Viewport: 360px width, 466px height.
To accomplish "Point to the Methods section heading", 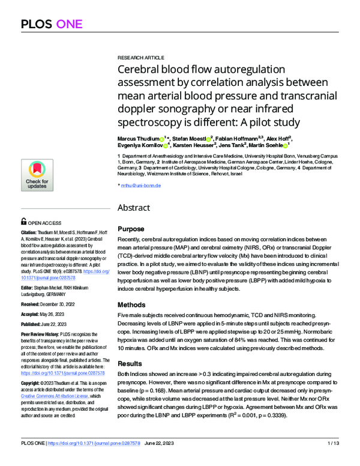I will [132, 304].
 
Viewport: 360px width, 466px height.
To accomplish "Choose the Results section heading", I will [131, 363].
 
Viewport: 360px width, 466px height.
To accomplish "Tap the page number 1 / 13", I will [334, 459].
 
